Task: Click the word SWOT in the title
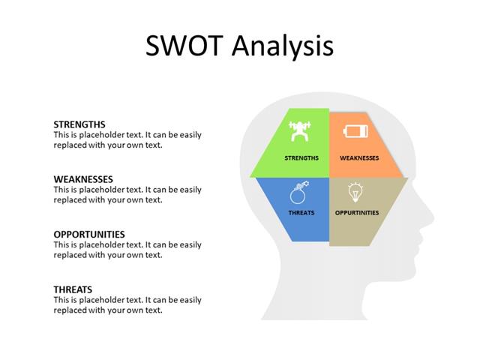coord(184,46)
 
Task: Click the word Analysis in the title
coord(281,47)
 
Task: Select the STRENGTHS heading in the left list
coord(79,124)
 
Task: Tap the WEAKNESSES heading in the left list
coord(83,179)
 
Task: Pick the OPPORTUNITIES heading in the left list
coord(89,234)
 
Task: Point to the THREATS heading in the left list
coord(73,289)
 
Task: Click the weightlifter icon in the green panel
coord(300,132)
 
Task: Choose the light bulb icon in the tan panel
coord(355,193)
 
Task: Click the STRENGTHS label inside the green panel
coord(301,158)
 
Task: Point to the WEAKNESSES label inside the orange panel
coord(359,158)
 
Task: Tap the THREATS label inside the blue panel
coord(301,213)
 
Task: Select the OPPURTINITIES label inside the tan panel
coord(357,213)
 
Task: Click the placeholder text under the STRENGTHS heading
coord(127,140)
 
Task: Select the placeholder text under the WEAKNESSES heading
coord(127,195)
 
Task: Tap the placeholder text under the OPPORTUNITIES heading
coord(127,250)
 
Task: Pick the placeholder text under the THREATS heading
coord(127,305)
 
